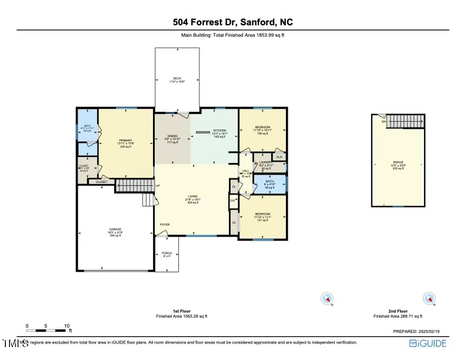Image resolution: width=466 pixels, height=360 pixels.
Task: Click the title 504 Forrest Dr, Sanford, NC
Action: coord(233,22)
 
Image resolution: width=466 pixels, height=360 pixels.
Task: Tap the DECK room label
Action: coord(177,78)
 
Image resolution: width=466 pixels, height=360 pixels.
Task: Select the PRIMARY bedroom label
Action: coord(126,141)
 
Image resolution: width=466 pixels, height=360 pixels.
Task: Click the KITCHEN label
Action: coord(219,130)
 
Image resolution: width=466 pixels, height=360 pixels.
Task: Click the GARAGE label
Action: coord(115,229)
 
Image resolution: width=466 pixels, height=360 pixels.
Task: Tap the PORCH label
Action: coord(167,254)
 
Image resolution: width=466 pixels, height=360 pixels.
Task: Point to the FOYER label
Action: coord(165,225)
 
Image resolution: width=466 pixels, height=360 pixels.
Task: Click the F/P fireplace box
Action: coord(233,201)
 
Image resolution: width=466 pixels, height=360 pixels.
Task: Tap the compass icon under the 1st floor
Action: coord(327,299)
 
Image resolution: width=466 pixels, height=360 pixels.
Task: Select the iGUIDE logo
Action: coord(428,344)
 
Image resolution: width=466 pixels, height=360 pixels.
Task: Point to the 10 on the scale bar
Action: coord(66,325)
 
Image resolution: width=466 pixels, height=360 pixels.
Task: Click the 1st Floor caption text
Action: coord(182,311)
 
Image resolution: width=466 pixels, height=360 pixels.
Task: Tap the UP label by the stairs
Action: coord(158,186)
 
